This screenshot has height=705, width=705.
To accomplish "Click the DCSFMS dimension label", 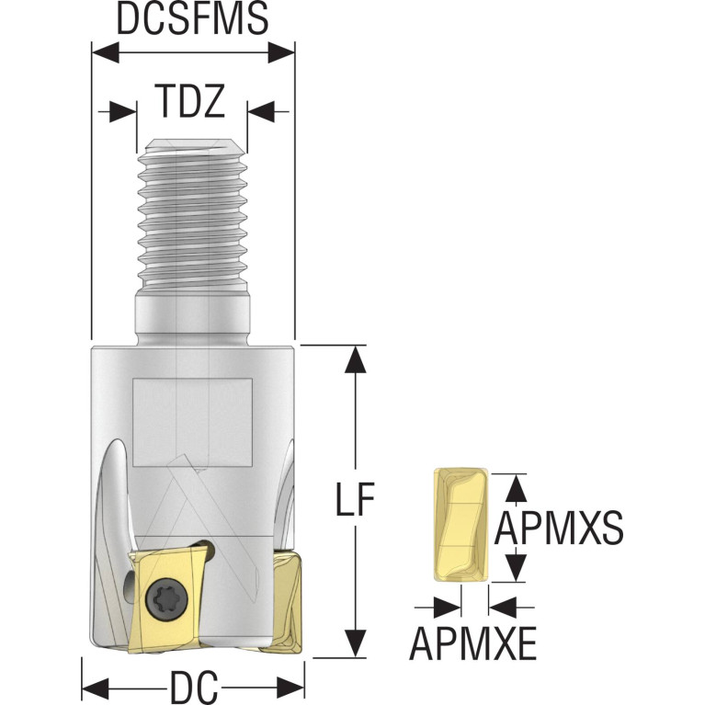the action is pos(192,18).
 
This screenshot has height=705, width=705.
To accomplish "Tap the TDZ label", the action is pos(189,101).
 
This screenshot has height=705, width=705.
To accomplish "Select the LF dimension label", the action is pos(355,498).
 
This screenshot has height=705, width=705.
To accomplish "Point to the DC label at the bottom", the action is pos(194,688).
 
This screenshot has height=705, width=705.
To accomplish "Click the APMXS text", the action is pos(559,528).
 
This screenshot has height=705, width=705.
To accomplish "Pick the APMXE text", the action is pos(473,642).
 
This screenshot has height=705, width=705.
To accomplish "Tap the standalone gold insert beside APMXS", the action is pos(461,525).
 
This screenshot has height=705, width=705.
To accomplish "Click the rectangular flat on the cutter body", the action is pos(192,422).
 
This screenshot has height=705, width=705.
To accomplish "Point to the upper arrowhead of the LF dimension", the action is pos(355,358).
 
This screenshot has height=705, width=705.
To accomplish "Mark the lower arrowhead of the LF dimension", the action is pos(355,643).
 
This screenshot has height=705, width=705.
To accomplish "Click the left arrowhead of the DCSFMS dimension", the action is pos(105,52).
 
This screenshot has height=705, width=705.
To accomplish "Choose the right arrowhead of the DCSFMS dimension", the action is pos(281,52).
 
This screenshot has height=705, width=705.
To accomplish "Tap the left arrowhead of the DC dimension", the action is pos(96,688).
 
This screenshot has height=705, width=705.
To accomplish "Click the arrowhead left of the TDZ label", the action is pos(123,111).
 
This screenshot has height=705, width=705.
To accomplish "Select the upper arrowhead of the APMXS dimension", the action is pos(517,488).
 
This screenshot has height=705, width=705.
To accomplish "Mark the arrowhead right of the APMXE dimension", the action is pos(503,608).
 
